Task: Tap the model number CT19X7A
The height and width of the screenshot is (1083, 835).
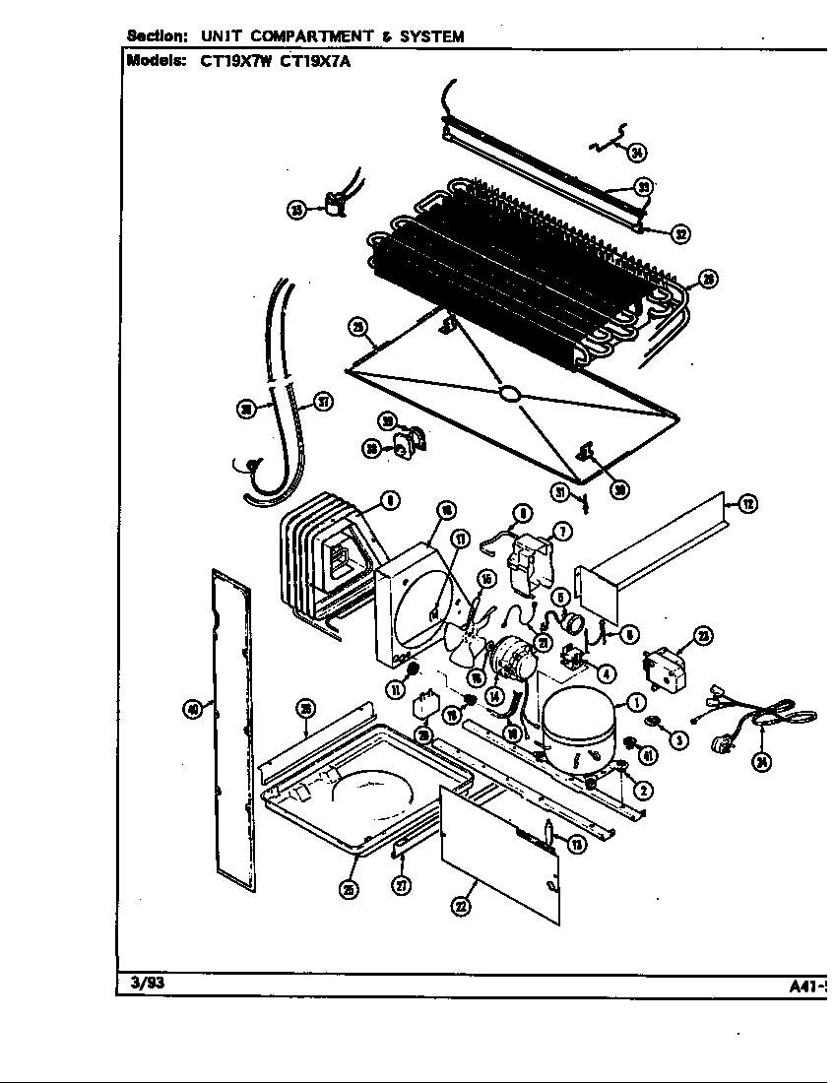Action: click(312, 60)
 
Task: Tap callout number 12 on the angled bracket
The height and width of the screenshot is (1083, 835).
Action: click(747, 504)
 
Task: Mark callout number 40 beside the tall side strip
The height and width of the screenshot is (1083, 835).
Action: click(194, 707)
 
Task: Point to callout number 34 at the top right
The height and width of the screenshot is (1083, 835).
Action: click(638, 152)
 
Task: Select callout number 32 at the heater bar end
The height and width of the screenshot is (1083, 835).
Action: click(680, 233)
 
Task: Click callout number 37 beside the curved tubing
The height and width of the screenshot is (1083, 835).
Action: click(321, 401)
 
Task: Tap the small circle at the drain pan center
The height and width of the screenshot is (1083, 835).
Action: click(509, 394)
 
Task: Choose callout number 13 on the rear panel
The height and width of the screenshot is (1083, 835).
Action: click(577, 843)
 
